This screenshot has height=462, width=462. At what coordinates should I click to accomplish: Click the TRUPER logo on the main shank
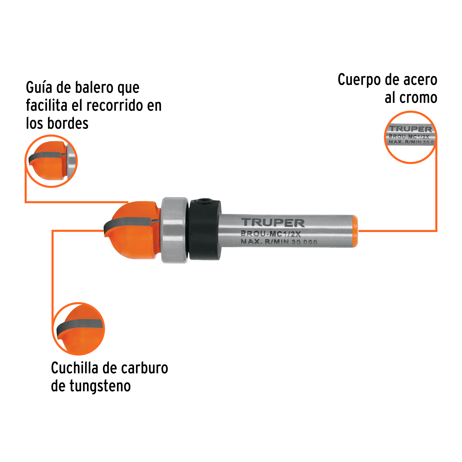tap(273, 222)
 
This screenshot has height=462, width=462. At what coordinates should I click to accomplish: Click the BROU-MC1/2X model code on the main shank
tap(271, 234)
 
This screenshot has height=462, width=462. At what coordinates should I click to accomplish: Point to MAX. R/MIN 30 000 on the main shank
tap(279, 242)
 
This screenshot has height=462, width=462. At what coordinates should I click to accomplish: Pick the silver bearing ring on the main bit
tap(175, 230)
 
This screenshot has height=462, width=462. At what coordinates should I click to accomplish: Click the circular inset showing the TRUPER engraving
tap(411, 137)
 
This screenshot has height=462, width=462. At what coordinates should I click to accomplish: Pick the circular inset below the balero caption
tap(51, 161)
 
